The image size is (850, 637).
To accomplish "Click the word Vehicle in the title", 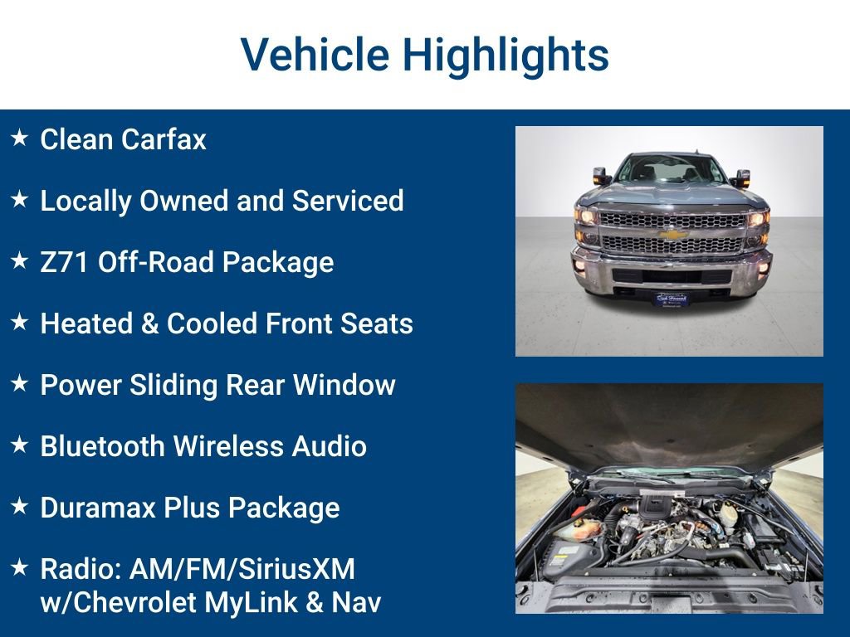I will [x=315, y=55].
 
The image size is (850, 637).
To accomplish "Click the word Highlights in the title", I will [x=506, y=55].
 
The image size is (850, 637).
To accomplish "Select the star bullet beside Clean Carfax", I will [x=20, y=138].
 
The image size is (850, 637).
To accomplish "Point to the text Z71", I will [x=66, y=262].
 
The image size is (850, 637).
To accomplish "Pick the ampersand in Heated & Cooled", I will [x=150, y=323].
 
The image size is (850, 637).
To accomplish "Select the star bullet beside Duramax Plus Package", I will [x=20, y=506].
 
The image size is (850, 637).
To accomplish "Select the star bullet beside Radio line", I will [x=20, y=567].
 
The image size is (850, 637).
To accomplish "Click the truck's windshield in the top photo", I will [x=670, y=171].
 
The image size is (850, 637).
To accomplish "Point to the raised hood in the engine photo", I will [x=669, y=423].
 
